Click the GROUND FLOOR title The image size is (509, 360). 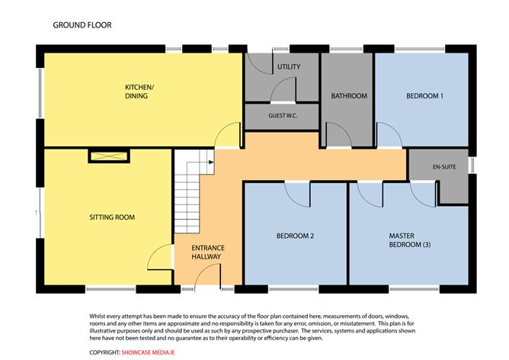82,25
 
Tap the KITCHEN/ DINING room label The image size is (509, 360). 139,93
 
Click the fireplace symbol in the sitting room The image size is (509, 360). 109,156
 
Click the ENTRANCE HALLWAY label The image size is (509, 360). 206,252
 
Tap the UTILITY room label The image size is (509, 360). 288,67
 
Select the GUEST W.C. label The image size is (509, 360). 282,116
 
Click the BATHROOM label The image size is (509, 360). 349,96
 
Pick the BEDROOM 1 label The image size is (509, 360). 424,96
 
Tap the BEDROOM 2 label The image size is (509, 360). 295,236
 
